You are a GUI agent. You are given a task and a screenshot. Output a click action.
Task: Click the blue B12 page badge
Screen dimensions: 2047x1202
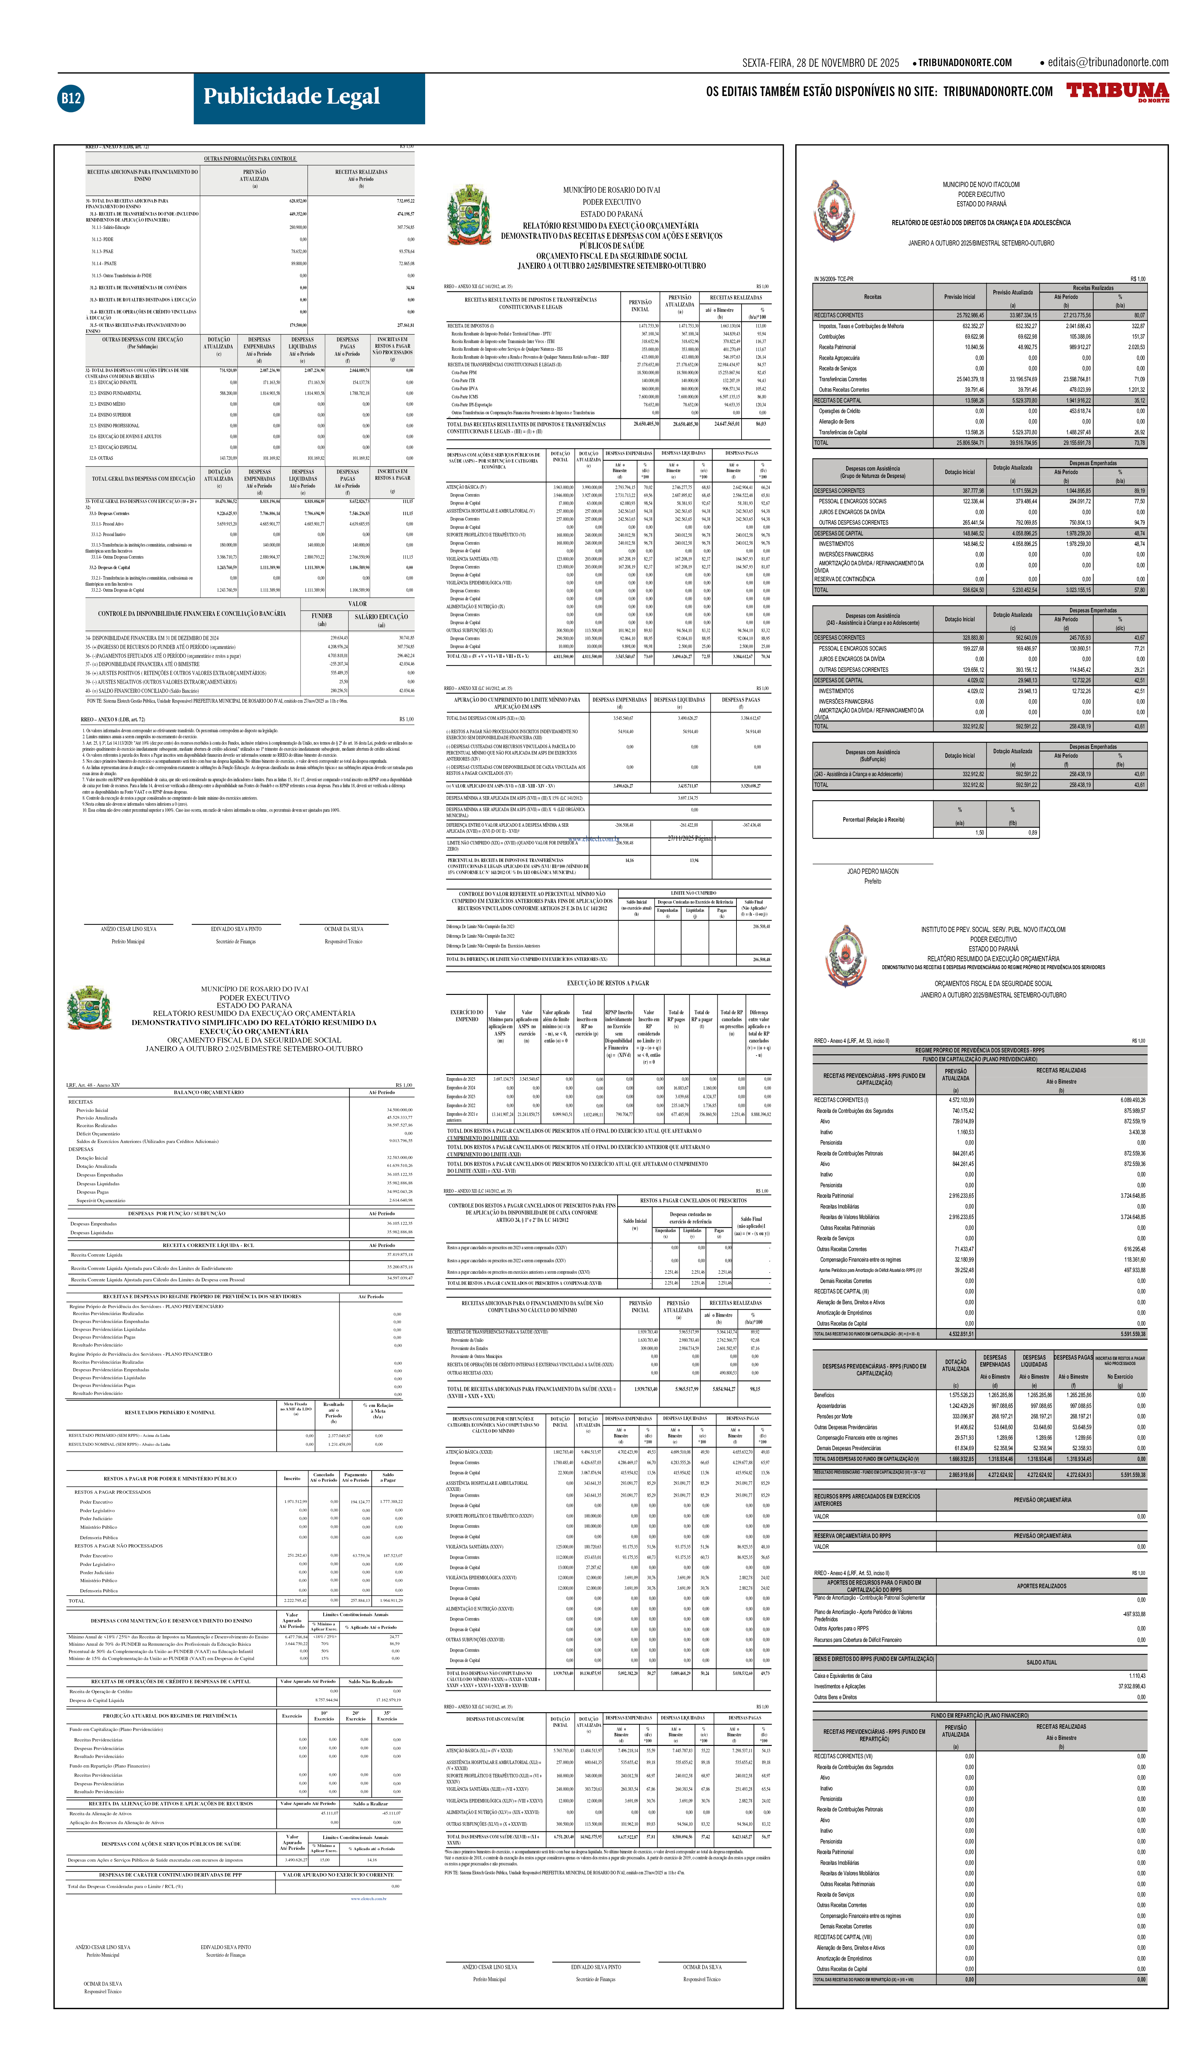pos(71,98)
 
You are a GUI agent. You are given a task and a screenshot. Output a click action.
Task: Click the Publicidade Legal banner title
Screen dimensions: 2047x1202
pos(292,97)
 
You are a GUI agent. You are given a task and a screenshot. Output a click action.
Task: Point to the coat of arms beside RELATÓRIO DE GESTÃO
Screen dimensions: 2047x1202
pos(834,211)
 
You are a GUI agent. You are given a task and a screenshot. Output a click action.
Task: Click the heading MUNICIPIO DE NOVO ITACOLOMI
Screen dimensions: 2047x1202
pos(981,184)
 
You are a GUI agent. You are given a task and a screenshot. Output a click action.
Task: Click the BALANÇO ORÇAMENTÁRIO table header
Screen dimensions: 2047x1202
pos(209,1092)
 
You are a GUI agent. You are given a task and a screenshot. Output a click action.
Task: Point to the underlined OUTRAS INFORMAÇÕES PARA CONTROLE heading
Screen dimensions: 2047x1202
pos(250,158)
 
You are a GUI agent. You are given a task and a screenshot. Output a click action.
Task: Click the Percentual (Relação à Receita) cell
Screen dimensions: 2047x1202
pos(873,820)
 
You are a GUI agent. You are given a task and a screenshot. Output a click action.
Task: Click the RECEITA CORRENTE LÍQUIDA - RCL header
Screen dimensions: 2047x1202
pos(208,1245)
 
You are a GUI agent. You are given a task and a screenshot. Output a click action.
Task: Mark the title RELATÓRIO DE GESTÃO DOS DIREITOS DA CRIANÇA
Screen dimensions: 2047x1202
pos(981,223)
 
